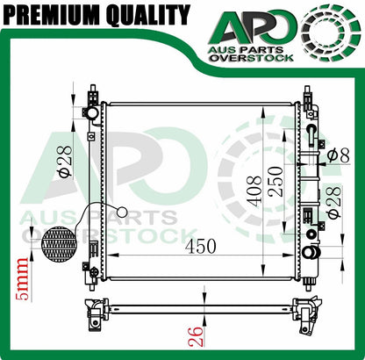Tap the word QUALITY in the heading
(x=149, y=15)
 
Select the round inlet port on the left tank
(x=90, y=114)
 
